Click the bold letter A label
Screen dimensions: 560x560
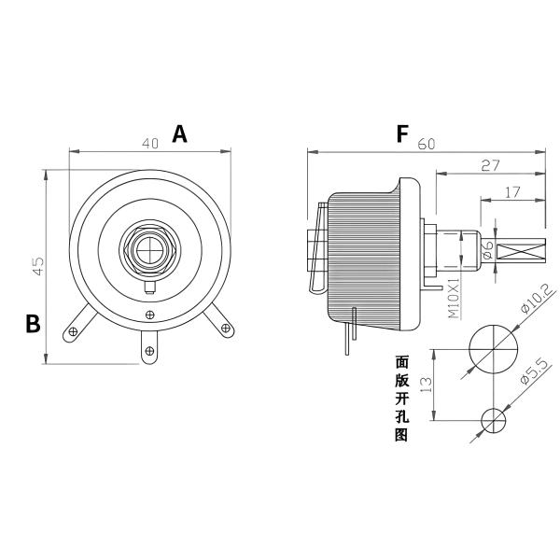(179, 134)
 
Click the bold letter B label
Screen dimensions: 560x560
(33, 324)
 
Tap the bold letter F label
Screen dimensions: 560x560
(402, 134)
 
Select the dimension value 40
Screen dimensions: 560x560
(149, 144)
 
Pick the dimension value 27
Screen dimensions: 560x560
(491, 165)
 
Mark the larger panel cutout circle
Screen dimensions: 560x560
(493, 348)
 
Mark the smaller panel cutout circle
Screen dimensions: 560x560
(493, 421)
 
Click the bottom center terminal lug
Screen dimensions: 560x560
(150, 351)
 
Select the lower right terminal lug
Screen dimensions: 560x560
(225, 327)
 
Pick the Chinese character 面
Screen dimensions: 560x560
(402, 360)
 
